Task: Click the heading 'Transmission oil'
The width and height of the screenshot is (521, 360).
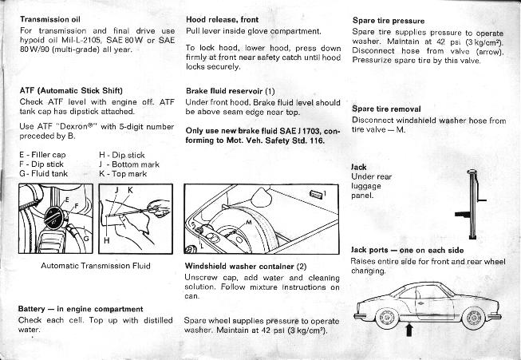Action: [x=49, y=19]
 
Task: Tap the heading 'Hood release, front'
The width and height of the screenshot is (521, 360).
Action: [x=222, y=20]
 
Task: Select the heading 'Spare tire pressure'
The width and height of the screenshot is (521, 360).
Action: [x=389, y=21]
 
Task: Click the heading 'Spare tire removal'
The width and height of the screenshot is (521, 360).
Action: [x=386, y=109]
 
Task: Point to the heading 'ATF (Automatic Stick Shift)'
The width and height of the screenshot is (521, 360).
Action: [x=71, y=91]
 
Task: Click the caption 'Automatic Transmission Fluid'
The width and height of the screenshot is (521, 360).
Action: [x=96, y=266]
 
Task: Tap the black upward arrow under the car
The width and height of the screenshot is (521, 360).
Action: [x=409, y=330]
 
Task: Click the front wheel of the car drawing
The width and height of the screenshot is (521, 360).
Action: [x=474, y=318]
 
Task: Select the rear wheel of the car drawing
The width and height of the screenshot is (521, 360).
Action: [x=387, y=318]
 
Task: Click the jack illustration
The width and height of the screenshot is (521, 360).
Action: [x=472, y=204]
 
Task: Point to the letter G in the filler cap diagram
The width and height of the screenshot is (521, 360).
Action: [x=86, y=239]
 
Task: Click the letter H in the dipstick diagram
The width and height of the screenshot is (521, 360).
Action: [x=106, y=240]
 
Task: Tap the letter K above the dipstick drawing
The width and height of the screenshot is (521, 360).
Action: [x=130, y=190]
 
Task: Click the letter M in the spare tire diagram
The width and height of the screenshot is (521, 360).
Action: [x=249, y=222]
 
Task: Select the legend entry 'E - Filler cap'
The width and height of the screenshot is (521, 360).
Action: [x=42, y=155]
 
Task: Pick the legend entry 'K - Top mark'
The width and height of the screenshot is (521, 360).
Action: [x=123, y=174]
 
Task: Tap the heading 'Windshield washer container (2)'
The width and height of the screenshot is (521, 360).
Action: [x=246, y=267]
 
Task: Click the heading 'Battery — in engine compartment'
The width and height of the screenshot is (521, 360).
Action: [x=81, y=309]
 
